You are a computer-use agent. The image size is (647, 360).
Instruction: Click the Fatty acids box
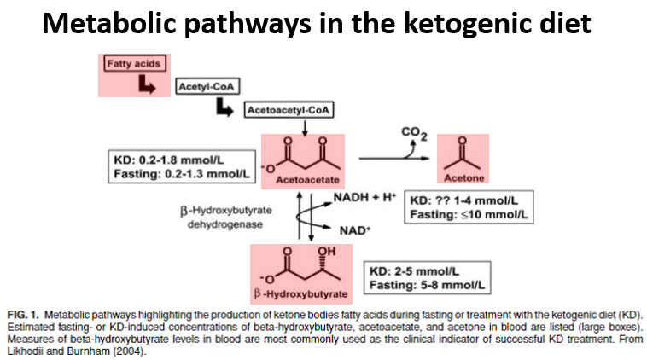(x=132, y=63)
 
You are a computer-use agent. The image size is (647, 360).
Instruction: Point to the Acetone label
(x=461, y=178)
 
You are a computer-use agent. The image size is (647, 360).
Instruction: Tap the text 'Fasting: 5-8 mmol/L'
(x=424, y=285)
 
